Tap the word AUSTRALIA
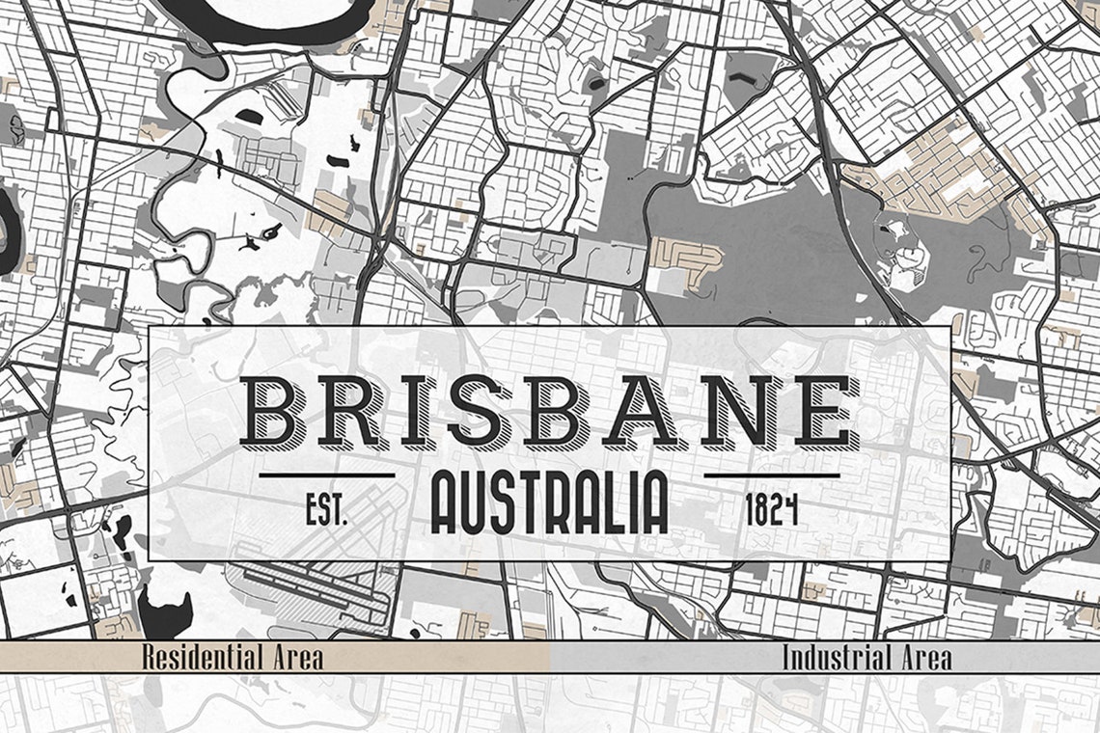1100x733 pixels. coord(549,503)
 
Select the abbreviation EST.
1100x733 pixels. coord(326,510)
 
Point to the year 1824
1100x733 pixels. coord(772,510)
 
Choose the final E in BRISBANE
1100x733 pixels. coord(823,412)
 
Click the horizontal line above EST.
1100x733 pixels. coord(327,475)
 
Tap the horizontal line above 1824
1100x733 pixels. coord(772,475)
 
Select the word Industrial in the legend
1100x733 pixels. coord(836,659)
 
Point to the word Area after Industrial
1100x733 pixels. coord(923,659)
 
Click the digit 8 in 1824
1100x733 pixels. coord(761,510)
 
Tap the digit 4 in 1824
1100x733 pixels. coord(791,510)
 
